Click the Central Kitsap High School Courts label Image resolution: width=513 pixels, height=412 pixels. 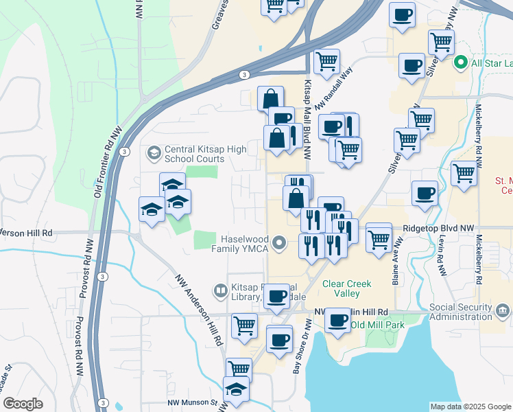[x=194, y=154]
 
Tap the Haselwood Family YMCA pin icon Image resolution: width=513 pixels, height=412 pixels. [x=279, y=243]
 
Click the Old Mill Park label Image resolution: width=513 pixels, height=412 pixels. [x=377, y=323]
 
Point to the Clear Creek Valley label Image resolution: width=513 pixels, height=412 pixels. [x=346, y=288]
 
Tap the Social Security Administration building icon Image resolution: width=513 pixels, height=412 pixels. [x=502, y=312]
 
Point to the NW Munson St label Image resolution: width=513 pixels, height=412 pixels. [x=193, y=403]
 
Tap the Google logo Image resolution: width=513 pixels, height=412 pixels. [x=23, y=404]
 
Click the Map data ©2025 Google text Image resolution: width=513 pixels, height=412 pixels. [x=470, y=407]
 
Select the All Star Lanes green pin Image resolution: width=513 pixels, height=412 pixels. [x=460, y=64]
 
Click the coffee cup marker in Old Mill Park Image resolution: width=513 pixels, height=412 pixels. [x=337, y=321]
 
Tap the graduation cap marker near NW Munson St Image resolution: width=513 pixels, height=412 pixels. [x=237, y=389]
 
